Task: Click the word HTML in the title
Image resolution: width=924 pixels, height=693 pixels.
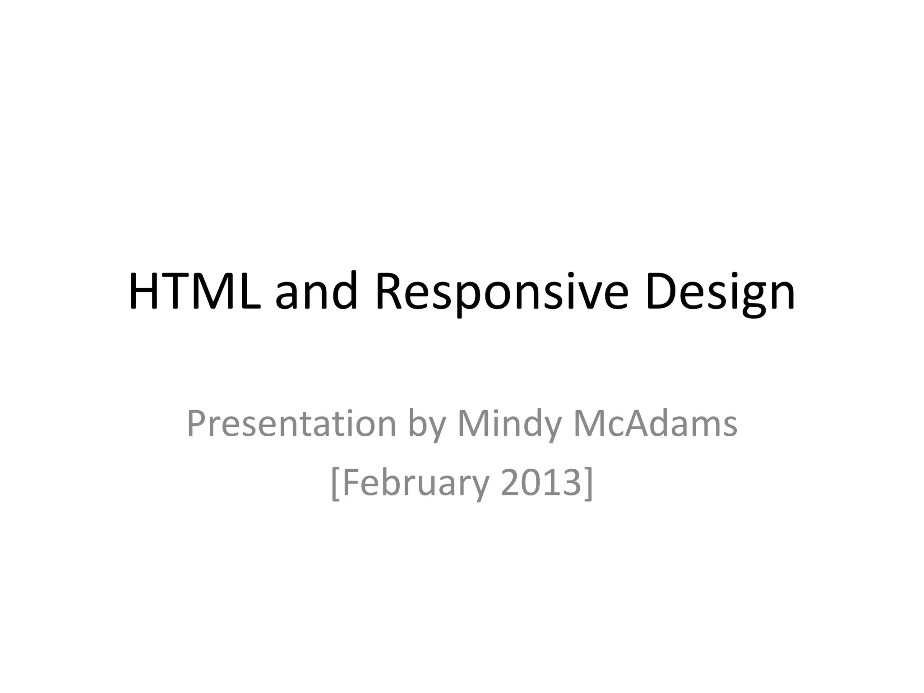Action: [x=195, y=292]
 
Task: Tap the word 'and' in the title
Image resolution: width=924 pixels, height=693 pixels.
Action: [x=316, y=292]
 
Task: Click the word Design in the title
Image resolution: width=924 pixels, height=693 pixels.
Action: [x=720, y=292]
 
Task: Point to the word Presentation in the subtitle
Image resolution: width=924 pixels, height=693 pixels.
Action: [x=291, y=424]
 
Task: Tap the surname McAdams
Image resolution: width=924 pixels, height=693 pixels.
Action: [x=655, y=424]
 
